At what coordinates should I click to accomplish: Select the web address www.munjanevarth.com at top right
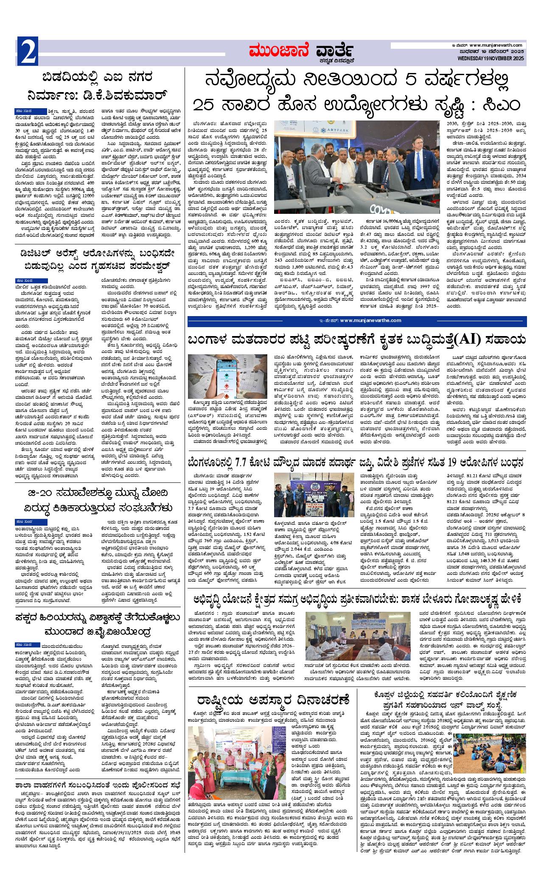497,45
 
